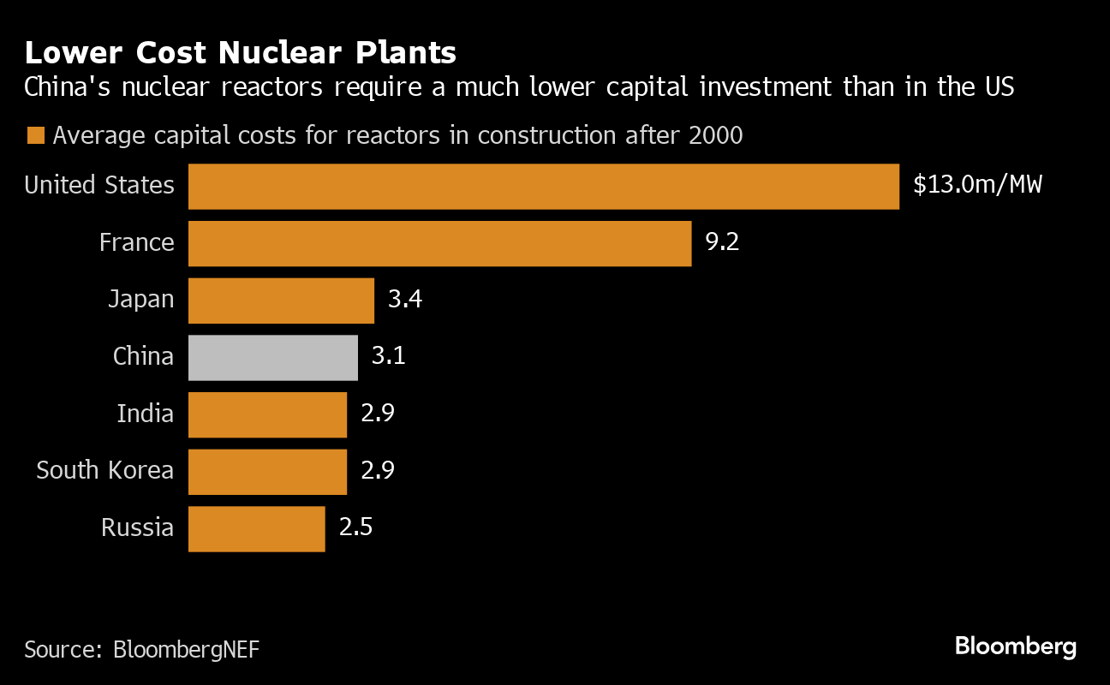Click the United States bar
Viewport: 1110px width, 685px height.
coord(543,187)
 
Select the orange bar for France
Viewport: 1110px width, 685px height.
coord(439,243)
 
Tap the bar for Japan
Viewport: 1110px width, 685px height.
coord(281,301)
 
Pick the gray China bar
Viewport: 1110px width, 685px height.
coord(272,357)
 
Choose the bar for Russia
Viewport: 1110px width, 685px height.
coord(256,528)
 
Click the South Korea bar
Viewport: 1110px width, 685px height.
coord(267,472)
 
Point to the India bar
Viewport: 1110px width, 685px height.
coord(267,414)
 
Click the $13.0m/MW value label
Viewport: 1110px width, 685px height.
coord(977,185)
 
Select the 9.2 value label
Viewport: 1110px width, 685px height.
coord(721,242)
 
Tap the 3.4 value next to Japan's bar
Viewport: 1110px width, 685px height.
coord(405,300)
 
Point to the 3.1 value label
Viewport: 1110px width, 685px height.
coord(388,356)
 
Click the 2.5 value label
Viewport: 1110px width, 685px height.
coord(355,527)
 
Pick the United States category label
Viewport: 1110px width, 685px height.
coord(99,185)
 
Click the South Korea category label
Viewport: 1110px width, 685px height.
coord(104,470)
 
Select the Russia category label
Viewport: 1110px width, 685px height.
coord(137,527)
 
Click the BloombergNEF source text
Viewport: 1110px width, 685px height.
coord(186,649)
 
